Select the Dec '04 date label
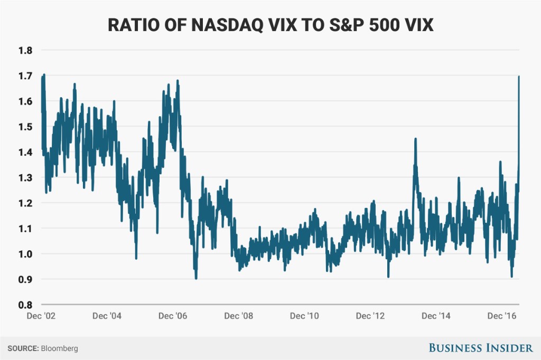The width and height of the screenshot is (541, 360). point(107,316)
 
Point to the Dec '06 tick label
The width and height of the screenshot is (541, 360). point(173,316)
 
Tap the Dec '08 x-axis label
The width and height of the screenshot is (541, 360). point(239,316)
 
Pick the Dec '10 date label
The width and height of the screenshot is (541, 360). point(305,316)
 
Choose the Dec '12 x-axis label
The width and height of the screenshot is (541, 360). point(371,316)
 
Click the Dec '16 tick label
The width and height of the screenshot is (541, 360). point(502,316)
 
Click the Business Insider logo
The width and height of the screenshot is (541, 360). point(480,348)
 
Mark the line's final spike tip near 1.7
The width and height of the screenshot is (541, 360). point(519,77)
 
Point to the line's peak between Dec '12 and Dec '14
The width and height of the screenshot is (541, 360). point(415,139)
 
